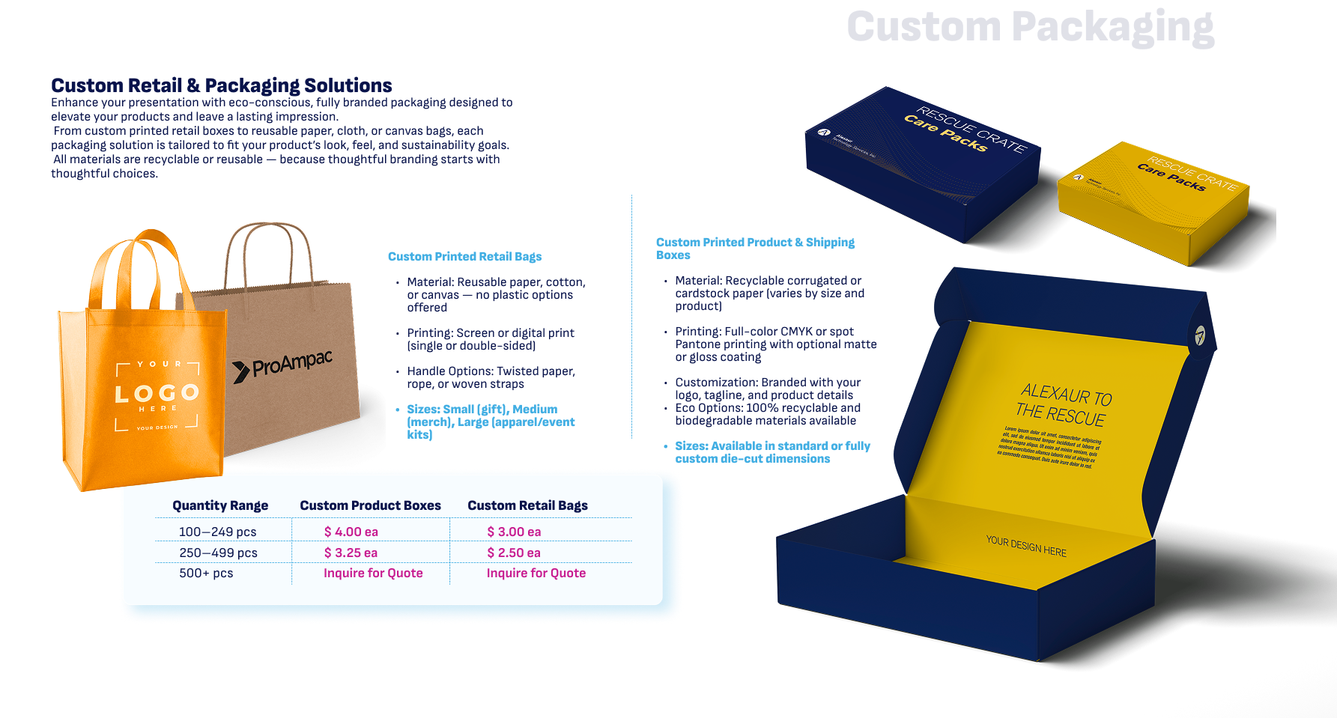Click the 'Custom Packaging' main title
1030,27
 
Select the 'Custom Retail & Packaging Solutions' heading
222,85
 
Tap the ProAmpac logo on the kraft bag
282,365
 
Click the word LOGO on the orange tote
157,393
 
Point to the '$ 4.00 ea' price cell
351,532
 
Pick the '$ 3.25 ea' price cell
351,553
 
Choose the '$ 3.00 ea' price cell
514,532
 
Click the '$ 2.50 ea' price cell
514,553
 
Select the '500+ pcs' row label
206,573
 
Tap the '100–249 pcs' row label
217,532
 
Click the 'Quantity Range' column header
220,505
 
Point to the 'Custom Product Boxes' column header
370,505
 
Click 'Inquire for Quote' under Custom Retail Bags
536,573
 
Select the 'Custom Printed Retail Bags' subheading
464,257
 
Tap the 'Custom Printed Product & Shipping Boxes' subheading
755,248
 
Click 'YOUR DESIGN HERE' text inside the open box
1026,546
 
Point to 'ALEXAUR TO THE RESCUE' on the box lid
1064,404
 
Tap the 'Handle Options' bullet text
491,377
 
